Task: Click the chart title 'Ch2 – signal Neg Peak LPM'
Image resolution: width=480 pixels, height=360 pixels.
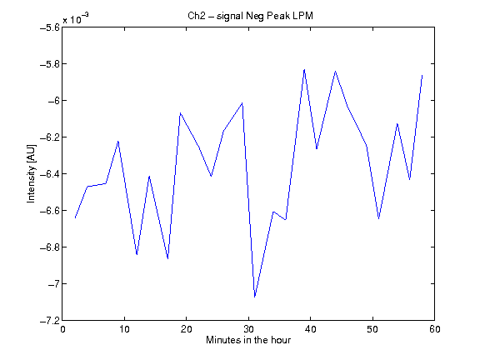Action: (x=250, y=16)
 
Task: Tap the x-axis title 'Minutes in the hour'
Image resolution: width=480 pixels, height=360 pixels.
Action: (x=248, y=340)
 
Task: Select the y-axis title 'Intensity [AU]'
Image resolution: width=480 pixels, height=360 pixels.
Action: (x=31, y=173)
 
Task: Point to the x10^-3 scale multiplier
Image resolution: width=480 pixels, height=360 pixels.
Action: (x=76, y=18)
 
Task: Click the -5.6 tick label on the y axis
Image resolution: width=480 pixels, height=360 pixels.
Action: (x=50, y=27)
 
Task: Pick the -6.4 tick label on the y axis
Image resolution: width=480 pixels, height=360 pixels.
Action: (x=50, y=174)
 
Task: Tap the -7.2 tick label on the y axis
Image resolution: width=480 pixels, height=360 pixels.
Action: (x=50, y=321)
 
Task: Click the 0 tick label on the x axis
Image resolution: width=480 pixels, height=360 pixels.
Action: (x=62, y=329)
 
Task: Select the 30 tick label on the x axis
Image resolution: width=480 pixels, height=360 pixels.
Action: (x=248, y=329)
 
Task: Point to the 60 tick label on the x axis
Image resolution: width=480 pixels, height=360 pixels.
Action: (x=435, y=329)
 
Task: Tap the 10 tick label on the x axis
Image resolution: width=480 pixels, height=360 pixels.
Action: (x=125, y=329)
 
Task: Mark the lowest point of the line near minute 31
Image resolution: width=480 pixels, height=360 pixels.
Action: (x=255, y=297)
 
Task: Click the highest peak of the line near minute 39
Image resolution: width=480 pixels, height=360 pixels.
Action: (x=304, y=70)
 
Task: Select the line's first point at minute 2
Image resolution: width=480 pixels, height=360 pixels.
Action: (x=75, y=217)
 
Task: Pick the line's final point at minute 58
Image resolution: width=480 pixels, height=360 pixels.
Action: (x=422, y=75)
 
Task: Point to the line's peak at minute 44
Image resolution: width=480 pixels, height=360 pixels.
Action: (x=336, y=72)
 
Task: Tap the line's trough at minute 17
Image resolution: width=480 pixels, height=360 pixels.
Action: (x=167, y=258)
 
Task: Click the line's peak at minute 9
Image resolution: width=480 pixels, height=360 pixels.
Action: (x=118, y=141)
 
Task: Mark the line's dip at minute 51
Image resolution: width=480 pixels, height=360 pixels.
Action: (x=378, y=218)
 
